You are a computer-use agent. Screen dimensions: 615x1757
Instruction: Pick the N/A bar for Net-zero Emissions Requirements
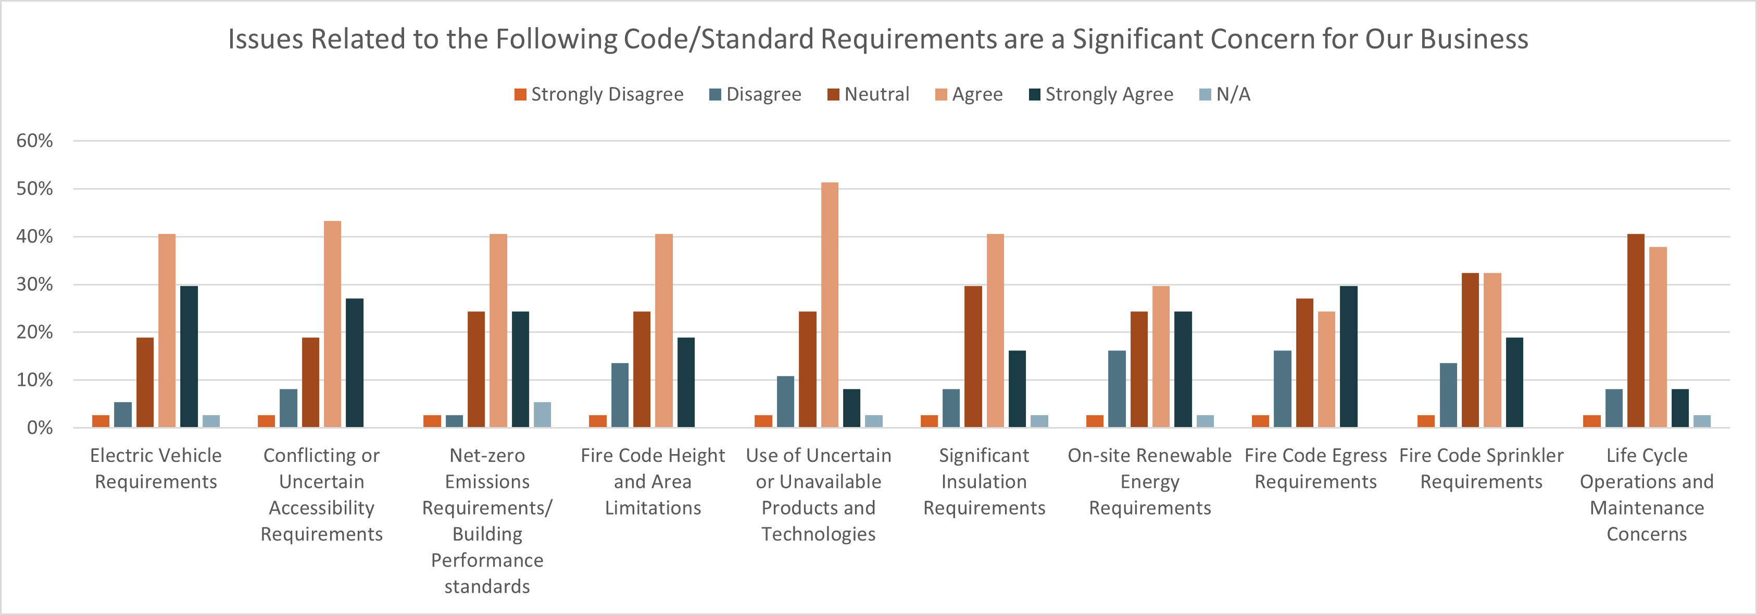542,415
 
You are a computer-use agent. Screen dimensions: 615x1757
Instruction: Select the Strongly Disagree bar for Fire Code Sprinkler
1425,421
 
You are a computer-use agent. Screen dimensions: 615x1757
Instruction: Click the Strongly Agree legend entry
1101,94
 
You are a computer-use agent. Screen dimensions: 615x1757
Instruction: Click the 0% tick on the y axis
40,428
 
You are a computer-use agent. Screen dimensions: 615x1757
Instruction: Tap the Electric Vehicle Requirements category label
156,468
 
